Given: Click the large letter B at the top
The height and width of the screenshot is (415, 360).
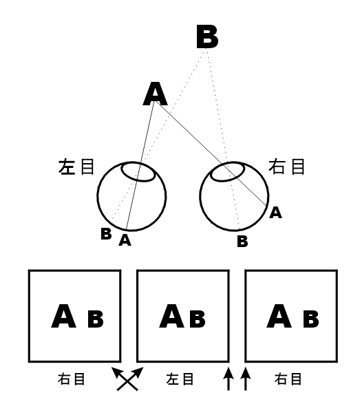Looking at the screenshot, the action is coord(207,36).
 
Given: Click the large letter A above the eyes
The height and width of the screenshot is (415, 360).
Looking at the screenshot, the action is coord(155,94).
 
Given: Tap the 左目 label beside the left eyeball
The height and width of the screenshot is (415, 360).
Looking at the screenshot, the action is coord(76,167).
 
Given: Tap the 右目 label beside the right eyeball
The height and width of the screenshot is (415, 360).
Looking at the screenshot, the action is coord(286,167).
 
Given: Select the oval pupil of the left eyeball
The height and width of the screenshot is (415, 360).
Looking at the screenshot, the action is coord(138,172).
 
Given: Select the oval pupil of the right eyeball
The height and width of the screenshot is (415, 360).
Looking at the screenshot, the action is coord(228,172).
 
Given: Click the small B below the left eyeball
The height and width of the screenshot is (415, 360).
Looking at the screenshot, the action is coord(106,234).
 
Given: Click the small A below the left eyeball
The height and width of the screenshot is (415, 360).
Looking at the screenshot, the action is coord(125,240).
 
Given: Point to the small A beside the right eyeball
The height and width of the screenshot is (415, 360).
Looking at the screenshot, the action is coord(275,213).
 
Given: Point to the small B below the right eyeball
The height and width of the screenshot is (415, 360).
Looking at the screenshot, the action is coord(242,241).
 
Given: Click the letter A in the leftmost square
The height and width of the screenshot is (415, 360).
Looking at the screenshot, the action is coord(63,316).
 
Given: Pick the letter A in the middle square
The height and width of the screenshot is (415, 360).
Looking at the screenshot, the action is coord(171,316).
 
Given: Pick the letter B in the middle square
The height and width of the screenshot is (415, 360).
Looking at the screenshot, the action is coord(198,319).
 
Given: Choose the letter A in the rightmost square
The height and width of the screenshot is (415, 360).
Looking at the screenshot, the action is coord(279,316).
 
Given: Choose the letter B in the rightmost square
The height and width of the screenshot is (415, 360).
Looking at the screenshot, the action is coord(311,319).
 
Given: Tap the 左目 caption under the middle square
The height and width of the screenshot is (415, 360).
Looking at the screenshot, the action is coord(180,379).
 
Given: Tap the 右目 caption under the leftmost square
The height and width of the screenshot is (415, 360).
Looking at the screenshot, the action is coord(72,379).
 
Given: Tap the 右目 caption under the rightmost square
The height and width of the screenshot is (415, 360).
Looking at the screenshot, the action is coord(288,379).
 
